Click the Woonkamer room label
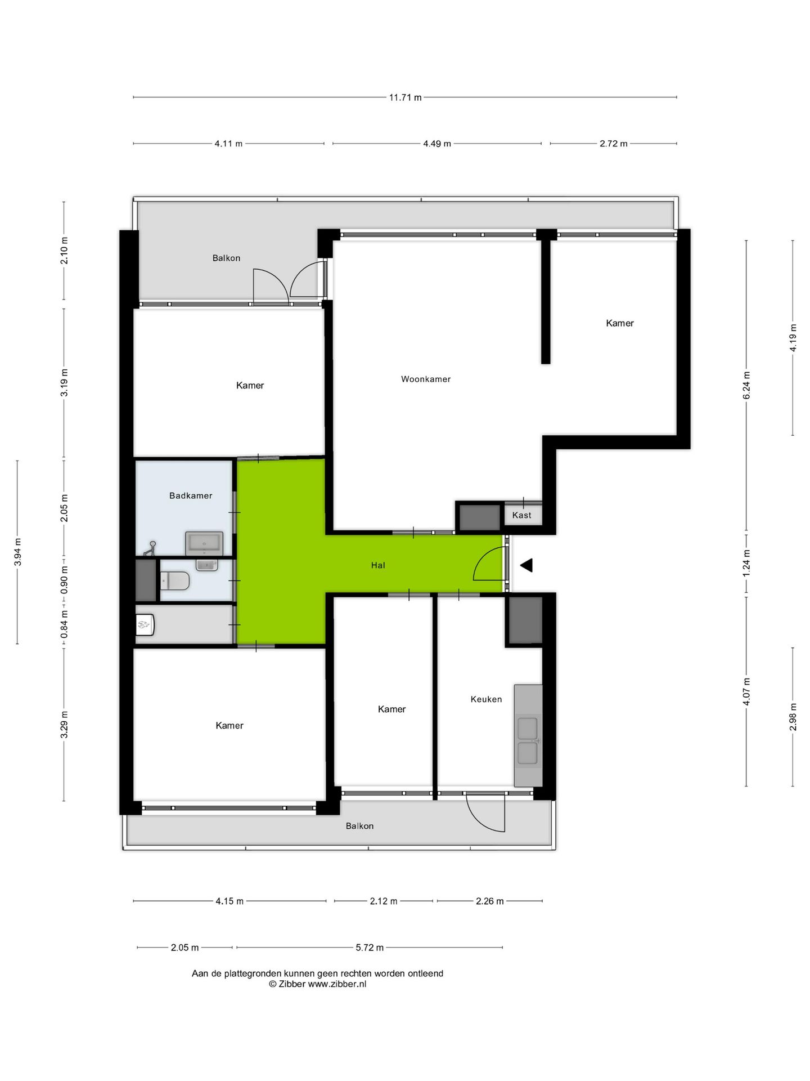[x=425, y=379]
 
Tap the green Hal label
[x=378, y=565]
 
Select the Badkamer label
[x=191, y=495]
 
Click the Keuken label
[x=486, y=699]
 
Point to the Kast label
[x=521, y=515]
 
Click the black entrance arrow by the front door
[x=526, y=565]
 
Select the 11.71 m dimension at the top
[x=405, y=97]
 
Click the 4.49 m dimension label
[x=437, y=144]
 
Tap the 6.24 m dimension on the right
[x=746, y=386]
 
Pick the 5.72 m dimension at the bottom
[x=370, y=948]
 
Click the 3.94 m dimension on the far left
[x=17, y=552]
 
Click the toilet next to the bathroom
[x=175, y=580]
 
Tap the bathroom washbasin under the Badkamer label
[x=204, y=543]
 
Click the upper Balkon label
[x=226, y=258]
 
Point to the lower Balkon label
[x=359, y=826]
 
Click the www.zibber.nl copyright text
[x=317, y=984]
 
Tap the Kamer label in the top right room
[x=619, y=323]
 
